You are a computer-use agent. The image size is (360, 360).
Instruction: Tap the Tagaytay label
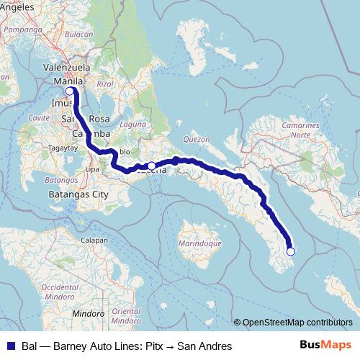tap(62, 147)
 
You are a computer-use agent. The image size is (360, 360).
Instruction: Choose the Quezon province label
tap(197, 138)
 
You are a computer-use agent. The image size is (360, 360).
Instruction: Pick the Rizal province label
tap(105, 84)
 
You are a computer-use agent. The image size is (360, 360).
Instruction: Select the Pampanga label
tap(22, 30)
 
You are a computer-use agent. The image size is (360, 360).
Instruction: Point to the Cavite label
tap(37, 116)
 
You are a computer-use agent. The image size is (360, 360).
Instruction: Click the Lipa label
tap(92, 168)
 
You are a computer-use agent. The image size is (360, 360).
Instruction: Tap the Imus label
tap(63, 103)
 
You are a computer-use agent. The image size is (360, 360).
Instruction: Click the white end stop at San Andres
tap(291, 251)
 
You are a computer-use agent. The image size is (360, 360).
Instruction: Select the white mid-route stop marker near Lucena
tap(151, 166)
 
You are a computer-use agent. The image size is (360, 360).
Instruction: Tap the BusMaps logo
tap(325, 346)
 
